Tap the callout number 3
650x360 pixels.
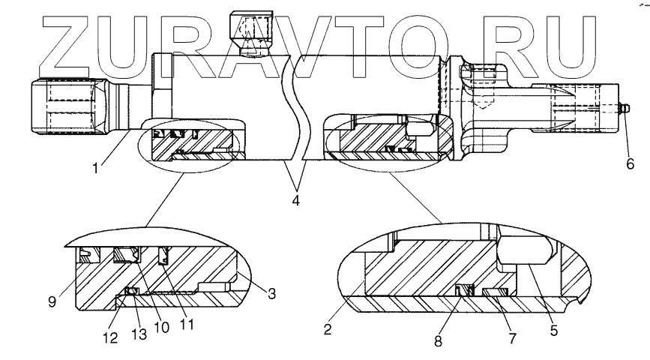[x=272, y=295]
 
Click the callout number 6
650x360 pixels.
[x=630, y=162]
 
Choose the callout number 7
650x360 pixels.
[x=513, y=338]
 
